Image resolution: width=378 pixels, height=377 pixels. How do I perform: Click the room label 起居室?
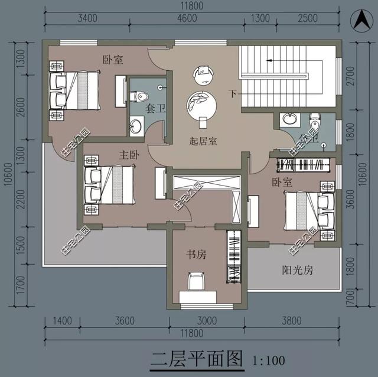tap(203, 141)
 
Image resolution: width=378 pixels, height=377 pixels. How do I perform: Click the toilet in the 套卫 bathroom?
tap(141, 95)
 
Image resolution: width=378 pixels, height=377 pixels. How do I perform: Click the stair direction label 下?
tap(233, 93)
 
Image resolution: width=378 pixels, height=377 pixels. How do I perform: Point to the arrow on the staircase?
tap(269, 59)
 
